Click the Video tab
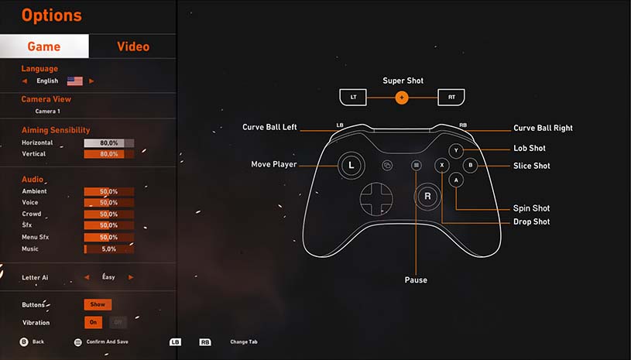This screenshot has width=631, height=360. pyautogui.click(x=132, y=46)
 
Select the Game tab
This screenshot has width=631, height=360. pyautogui.click(x=44, y=46)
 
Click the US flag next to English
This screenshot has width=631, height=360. pyautogui.click(x=74, y=81)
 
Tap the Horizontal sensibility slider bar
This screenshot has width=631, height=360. pyautogui.click(x=108, y=143)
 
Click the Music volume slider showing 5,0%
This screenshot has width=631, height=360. pyautogui.click(x=108, y=249)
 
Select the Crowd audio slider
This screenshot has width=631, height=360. pyautogui.click(x=108, y=214)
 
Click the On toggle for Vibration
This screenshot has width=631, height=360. pyautogui.click(x=93, y=323)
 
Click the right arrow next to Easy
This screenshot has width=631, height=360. pyautogui.click(x=132, y=277)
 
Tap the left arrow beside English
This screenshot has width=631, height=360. pyautogui.click(x=25, y=81)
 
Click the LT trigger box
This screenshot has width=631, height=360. pyautogui.click(x=353, y=98)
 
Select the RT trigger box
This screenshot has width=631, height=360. pyautogui.click(x=451, y=98)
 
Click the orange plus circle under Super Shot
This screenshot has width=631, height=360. pyautogui.click(x=401, y=98)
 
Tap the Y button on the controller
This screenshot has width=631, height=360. pyautogui.click(x=457, y=150)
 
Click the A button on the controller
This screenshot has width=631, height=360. pyautogui.click(x=456, y=180)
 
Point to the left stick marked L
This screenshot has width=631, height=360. pyautogui.click(x=351, y=164)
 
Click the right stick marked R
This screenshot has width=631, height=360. pyautogui.click(x=427, y=197)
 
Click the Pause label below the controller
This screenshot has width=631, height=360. pyautogui.click(x=416, y=279)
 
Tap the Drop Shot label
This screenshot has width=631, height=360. pyautogui.click(x=531, y=222)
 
